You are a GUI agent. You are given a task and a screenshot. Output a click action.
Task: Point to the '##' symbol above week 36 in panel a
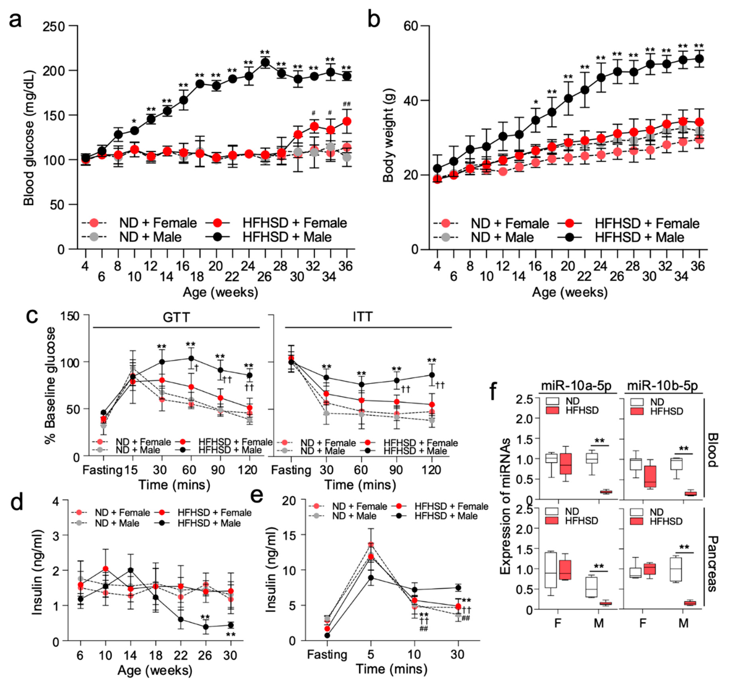tap(346, 104)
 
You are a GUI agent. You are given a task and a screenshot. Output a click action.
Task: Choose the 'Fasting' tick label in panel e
tap(327, 655)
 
